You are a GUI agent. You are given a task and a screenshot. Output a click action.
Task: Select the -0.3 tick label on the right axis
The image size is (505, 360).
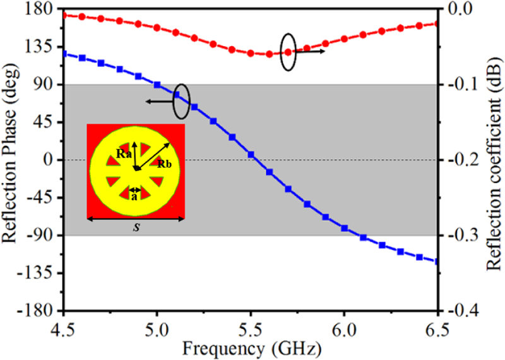click(463, 236)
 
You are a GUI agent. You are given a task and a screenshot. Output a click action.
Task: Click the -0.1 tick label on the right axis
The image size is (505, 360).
click(463, 85)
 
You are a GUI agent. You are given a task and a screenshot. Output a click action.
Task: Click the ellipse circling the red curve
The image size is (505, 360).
click(288, 51)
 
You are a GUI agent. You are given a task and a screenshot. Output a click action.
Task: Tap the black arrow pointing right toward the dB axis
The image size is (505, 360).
click(311, 51)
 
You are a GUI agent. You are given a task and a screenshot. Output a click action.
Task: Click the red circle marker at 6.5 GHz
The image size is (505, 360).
click(437, 23)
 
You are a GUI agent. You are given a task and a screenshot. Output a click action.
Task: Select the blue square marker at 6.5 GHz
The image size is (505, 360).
click(437, 261)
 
